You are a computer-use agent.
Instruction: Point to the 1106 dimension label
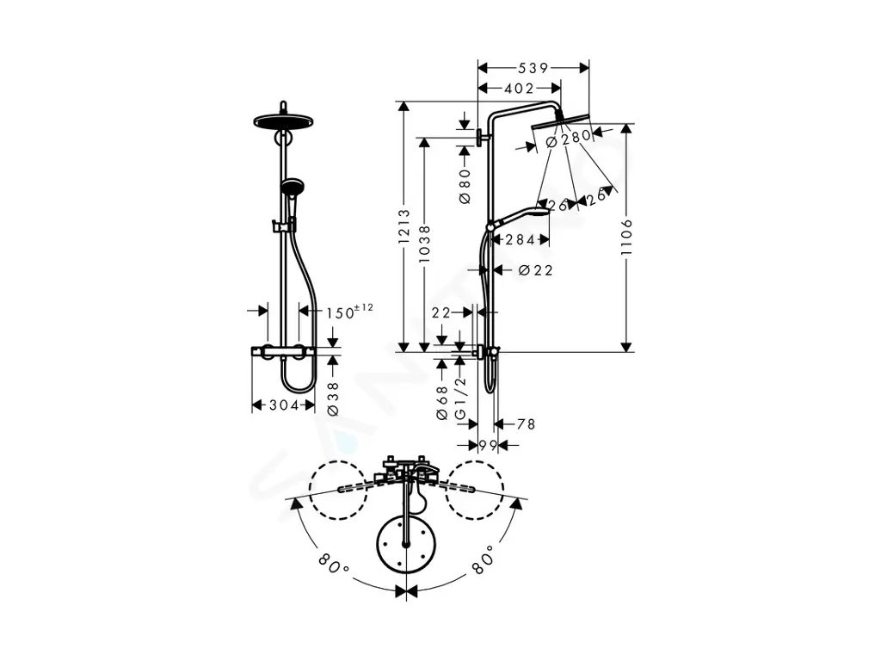(626, 237)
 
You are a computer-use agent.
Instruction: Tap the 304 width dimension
(281, 405)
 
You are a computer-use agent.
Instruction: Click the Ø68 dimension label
(441, 403)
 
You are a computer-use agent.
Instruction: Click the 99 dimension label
(488, 444)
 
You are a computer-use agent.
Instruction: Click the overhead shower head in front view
(281, 120)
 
